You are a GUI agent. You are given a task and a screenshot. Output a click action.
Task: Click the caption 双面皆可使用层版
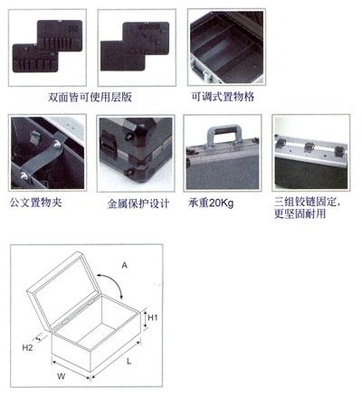point(90,97)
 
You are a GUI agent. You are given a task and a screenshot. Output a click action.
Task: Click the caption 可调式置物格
point(223,97)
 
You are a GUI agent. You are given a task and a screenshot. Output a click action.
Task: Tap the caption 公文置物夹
point(36,203)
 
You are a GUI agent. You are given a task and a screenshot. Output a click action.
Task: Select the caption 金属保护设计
point(138,203)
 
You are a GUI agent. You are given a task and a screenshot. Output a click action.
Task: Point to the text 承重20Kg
point(211,203)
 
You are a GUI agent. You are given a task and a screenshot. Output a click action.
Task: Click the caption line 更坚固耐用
point(300,213)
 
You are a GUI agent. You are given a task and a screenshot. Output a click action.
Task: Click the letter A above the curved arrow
point(124,265)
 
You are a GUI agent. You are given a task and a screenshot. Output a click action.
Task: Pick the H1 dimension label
point(153,317)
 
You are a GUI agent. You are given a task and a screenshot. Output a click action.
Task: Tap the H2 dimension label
point(27,347)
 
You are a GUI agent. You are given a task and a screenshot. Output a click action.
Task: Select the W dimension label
point(62,376)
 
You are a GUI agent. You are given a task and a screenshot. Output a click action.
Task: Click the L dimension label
point(129,361)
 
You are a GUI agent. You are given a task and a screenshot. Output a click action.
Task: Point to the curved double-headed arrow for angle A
point(114,279)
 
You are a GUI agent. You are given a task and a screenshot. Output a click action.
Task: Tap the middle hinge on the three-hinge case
point(309,147)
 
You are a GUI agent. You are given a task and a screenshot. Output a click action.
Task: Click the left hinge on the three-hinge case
point(281,143)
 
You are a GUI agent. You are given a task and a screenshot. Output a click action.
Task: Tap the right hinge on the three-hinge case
point(338,151)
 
